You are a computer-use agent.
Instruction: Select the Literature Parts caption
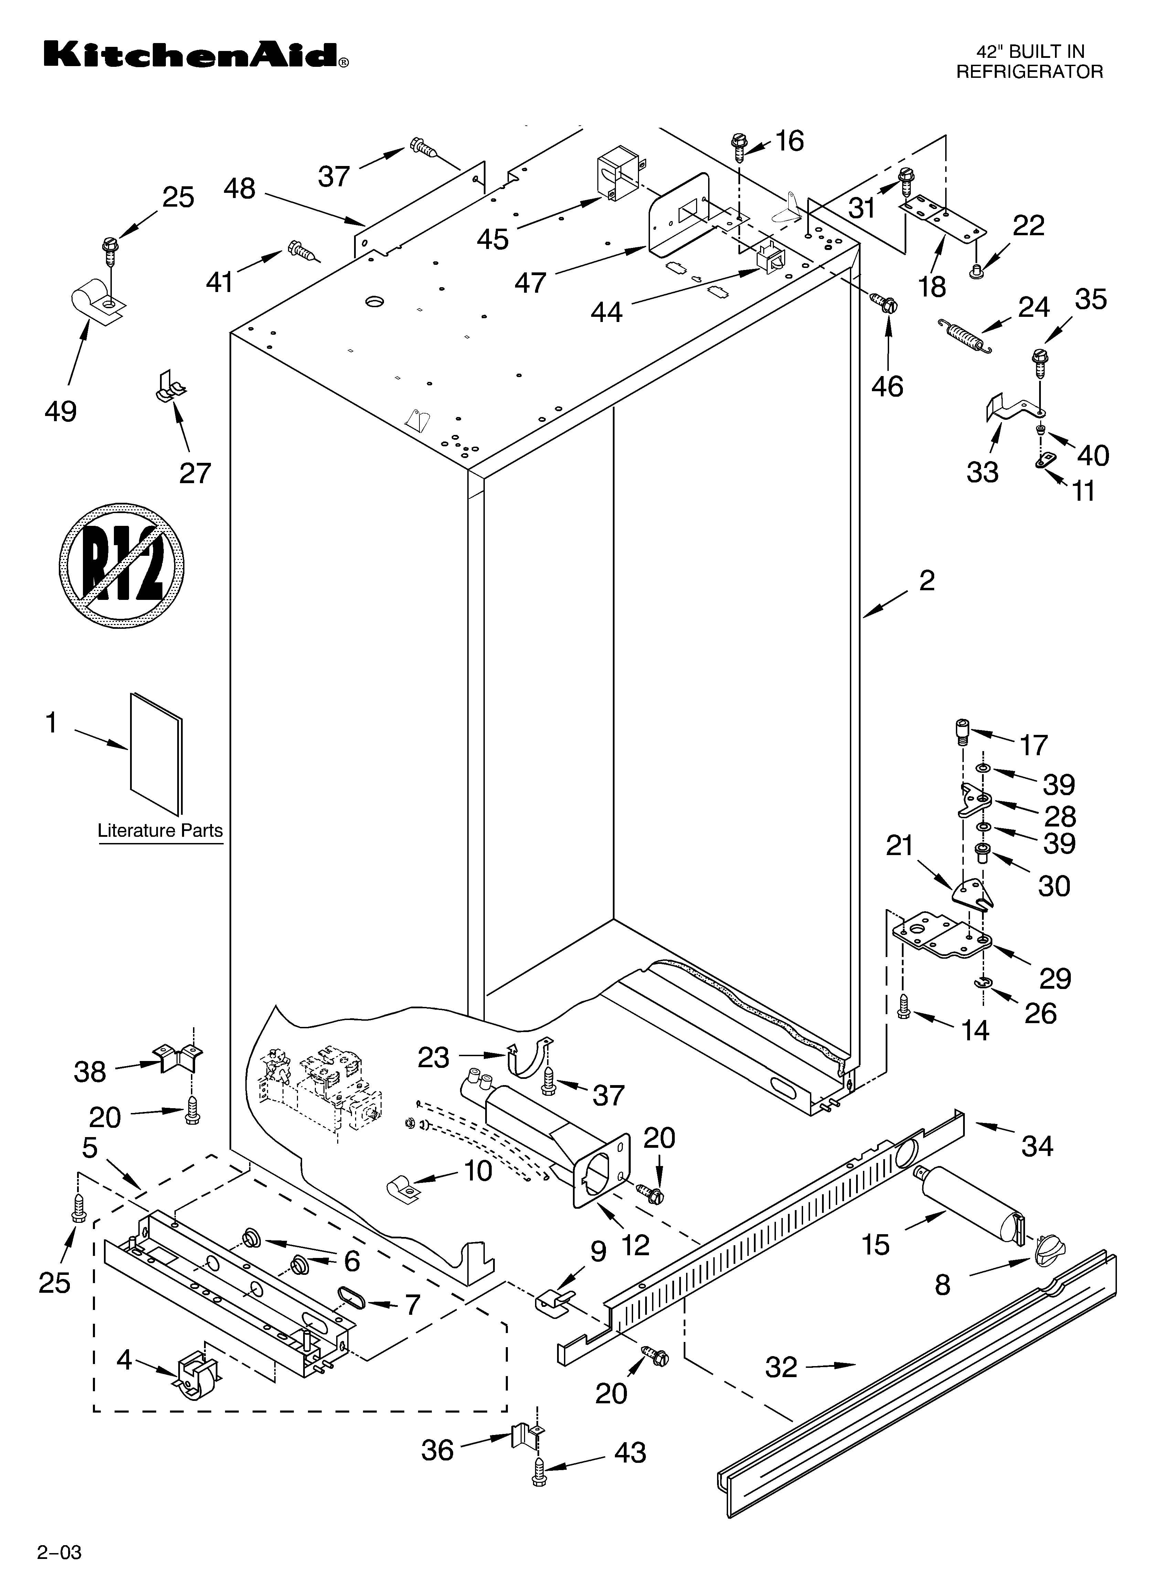(160, 830)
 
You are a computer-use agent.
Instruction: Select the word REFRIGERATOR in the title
(1029, 72)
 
